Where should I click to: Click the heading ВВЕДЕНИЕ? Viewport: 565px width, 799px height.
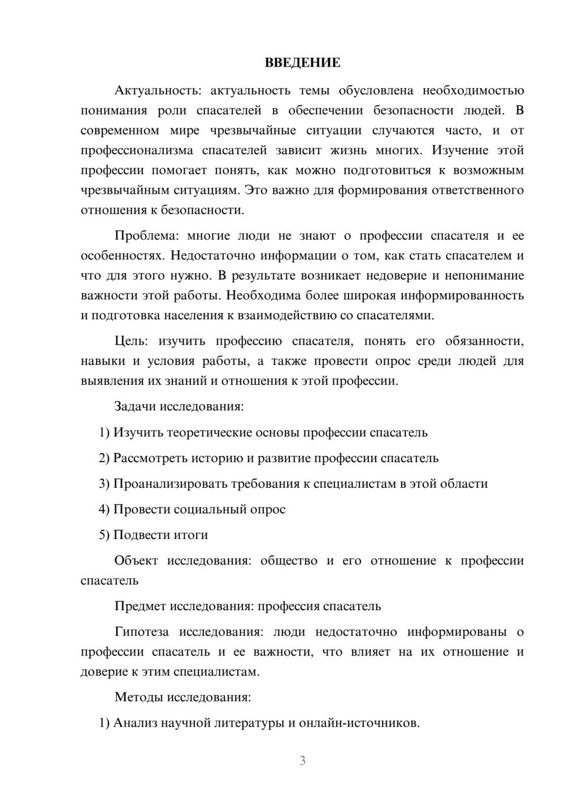(302, 63)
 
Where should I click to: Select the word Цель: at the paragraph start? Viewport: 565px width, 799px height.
(131, 341)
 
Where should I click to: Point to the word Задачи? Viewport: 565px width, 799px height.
(136, 406)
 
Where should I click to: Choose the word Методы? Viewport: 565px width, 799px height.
(138, 697)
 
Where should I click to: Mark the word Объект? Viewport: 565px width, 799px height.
(136, 561)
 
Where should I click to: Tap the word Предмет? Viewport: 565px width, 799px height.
(140, 606)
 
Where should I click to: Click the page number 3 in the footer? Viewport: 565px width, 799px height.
(302, 761)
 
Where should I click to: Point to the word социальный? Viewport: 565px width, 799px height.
(210, 509)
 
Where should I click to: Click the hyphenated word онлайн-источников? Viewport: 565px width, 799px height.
(359, 723)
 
